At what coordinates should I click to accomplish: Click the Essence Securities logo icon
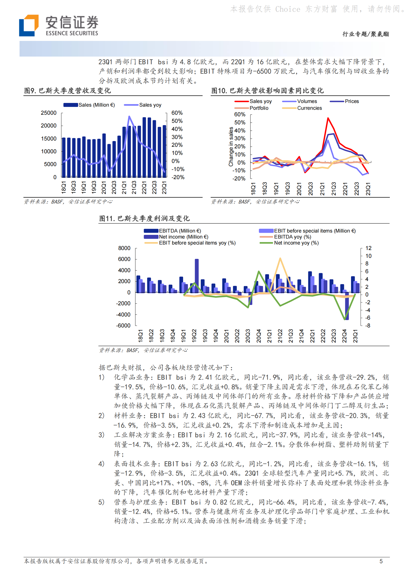click(29, 25)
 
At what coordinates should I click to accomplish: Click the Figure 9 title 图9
click(31, 91)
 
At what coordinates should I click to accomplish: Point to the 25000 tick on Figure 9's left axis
click(49, 113)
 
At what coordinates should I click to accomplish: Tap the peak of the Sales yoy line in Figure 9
click(129, 117)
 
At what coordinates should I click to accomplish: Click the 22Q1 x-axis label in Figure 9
click(144, 187)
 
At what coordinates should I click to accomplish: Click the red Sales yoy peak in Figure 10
click(328, 118)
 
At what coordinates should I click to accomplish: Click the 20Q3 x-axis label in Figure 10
click(310, 188)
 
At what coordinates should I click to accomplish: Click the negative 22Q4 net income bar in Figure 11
click(347, 306)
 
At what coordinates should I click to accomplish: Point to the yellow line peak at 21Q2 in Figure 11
click(280, 258)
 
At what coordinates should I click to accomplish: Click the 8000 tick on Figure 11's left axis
click(124, 248)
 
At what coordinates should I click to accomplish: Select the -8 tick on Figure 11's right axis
click(367, 326)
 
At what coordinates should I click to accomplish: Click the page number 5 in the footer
click(381, 561)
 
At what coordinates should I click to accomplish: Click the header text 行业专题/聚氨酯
click(365, 34)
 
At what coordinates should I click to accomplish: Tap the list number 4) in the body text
click(101, 464)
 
